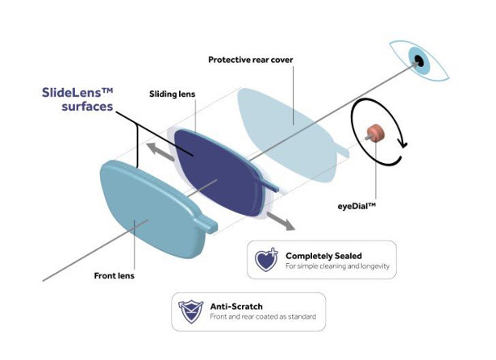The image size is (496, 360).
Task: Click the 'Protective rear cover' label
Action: coord(251,60)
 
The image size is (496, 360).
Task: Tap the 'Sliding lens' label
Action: coord(172,94)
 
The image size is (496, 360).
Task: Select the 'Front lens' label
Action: coord(115,276)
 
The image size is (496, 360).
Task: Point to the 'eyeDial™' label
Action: coord(356,206)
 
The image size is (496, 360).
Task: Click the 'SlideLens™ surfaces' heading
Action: coord(77,99)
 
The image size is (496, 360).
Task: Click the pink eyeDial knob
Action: coord(375,133)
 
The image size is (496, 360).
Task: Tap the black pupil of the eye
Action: coord(419,61)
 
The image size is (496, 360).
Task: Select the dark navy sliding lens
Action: coord(219,173)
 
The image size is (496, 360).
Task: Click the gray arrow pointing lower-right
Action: coord(281,221)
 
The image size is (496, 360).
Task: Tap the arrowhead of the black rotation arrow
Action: coord(403,143)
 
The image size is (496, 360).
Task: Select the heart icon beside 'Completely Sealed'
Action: coord(266,260)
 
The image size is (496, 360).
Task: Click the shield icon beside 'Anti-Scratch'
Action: coord(190,312)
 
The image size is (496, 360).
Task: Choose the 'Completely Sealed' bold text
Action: coord(323,256)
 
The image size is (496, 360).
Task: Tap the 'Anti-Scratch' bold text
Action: coord(236,307)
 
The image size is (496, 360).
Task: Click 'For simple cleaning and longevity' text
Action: coord(337,266)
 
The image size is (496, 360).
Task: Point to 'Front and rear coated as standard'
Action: coord(263,316)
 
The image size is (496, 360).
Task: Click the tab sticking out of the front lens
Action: coord(207,224)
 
